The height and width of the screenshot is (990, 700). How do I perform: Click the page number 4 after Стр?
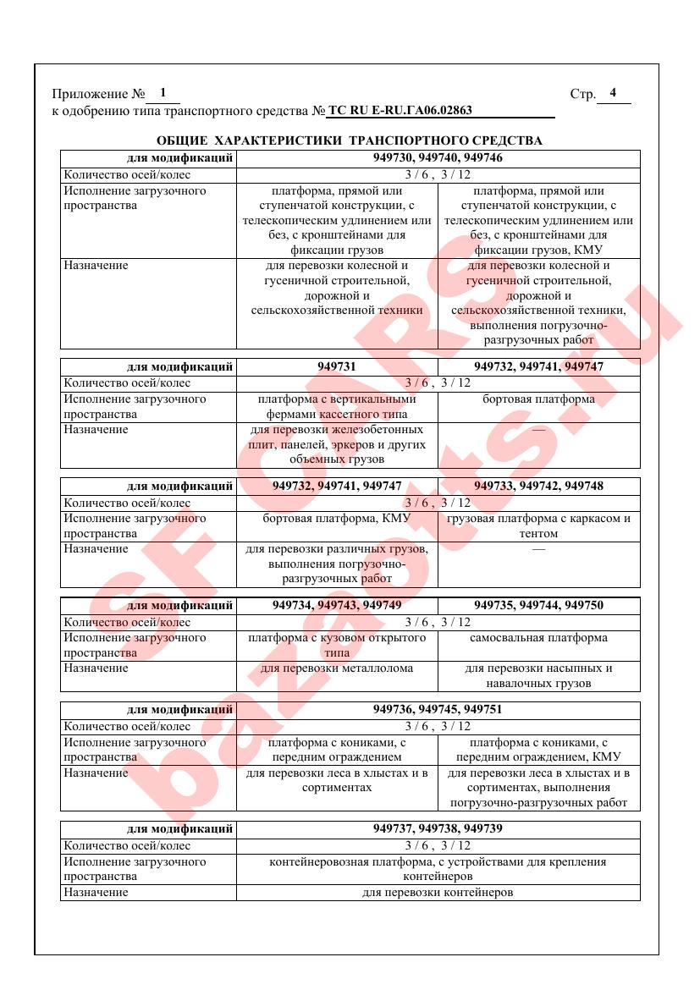point(613,93)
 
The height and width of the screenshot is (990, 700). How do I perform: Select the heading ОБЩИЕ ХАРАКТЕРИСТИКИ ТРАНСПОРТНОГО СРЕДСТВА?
point(350,140)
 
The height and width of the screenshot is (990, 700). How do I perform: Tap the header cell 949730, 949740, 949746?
point(438,158)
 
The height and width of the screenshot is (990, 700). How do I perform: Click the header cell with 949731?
point(337,366)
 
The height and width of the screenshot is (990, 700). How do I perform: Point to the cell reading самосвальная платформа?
point(538,638)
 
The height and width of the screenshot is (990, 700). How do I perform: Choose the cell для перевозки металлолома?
point(337,668)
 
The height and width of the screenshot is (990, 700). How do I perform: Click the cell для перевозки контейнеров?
point(438,893)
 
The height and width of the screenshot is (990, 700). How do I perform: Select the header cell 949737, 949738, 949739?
point(438,828)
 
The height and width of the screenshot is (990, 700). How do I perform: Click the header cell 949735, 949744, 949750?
point(538,605)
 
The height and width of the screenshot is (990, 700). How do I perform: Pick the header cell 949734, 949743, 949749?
point(337,605)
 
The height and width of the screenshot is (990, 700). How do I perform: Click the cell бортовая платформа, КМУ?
point(337,518)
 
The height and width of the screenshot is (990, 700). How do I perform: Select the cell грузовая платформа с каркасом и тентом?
point(538,525)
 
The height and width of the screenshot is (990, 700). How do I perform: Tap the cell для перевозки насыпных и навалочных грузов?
point(538,675)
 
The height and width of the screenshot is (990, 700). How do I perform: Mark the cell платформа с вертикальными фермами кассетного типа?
point(337,406)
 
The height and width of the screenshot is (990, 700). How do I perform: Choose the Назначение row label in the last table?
point(96,893)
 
